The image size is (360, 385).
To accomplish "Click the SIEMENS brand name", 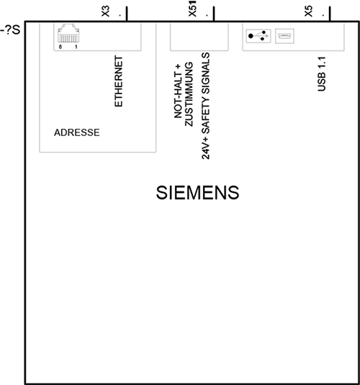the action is (x=197, y=193).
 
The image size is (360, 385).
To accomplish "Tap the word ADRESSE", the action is (x=77, y=132).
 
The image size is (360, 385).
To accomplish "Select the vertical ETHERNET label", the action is (x=119, y=81).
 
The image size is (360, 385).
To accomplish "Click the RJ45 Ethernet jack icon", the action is (x=68, y=33).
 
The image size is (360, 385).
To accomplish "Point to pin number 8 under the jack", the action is (x=60, y=47).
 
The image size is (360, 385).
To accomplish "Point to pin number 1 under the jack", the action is (x=76, y=47).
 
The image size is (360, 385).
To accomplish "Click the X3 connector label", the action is (x=105, y=11).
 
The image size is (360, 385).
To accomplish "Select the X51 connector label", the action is (x=193, y=9).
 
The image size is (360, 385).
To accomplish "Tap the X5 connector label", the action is (x=309, y=11).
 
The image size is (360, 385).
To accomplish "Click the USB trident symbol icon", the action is (x=258, y=36).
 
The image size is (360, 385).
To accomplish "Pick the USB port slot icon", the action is (x=284, y=36).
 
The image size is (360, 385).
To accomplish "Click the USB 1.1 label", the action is (x=321, y=74).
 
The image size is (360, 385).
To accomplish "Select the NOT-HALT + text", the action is (x=177, y=91).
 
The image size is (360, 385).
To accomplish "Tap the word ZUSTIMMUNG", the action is (x=189, y=94).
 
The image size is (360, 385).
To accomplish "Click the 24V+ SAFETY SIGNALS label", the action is (x=206, y=106).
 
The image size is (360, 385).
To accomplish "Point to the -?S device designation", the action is (x=10, y=30).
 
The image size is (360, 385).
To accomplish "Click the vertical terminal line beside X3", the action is (x=127, y=14).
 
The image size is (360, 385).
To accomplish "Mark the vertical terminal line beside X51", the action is (x=214, y=14).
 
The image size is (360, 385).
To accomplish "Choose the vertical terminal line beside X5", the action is (x=330, y=14).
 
